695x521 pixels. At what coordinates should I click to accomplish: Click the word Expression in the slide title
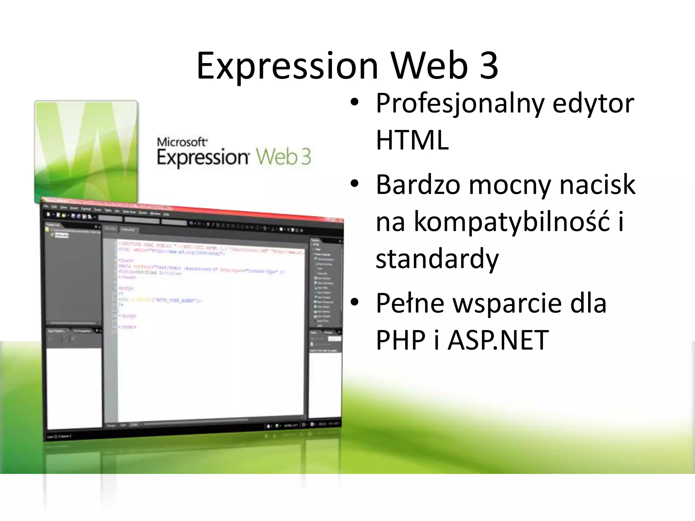(287, 66)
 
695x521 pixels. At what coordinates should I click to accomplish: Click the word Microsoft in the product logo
(182, 142)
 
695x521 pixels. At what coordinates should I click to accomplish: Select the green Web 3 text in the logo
(283, 157)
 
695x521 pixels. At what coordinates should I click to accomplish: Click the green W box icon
(86, 152)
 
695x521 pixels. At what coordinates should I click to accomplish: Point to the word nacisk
(597, 185)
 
